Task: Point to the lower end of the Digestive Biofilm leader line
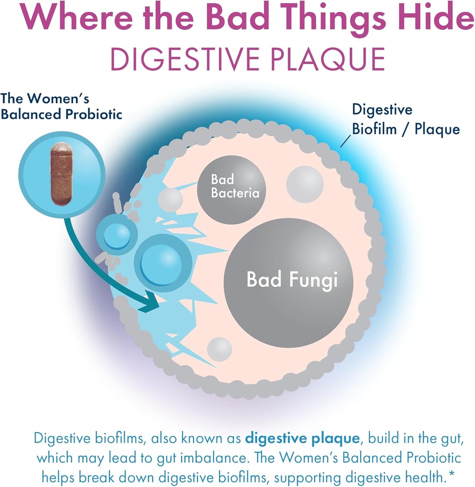click(341, 146)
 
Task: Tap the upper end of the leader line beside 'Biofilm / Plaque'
click(351, 136)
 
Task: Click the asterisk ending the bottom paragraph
click(452, 474)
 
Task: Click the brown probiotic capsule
click(61, 174)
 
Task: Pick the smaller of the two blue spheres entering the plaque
click(117, 235)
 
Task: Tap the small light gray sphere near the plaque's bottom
click(220, 349)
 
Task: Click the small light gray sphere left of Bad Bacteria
click(170, 199)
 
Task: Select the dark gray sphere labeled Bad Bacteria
click(232, 189)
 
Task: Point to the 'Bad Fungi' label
click(292, 280)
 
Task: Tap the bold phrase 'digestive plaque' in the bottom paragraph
click(302, 438)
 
